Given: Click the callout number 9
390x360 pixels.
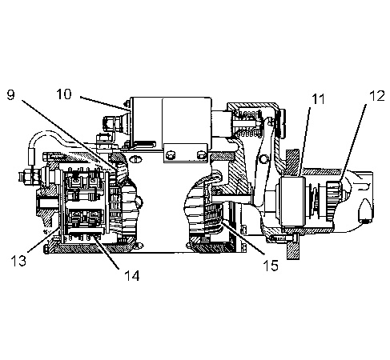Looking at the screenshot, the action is tap(10, 94).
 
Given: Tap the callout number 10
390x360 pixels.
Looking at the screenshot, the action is tap(64, 94).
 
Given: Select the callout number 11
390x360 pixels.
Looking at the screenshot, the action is tap(318, 99).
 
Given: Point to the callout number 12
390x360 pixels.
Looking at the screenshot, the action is tap(377, 96).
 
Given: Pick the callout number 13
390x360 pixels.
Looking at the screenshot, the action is tap(18, 261).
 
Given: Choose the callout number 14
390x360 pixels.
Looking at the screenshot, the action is tap(132, 275).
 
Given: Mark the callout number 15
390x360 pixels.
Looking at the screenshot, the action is tap(271, 266).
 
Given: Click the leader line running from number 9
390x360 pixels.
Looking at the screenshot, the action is tap(69, 135).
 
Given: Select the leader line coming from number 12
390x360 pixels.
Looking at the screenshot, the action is tap(353, 143).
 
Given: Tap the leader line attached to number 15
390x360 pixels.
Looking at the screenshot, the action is tap(243, 238).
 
